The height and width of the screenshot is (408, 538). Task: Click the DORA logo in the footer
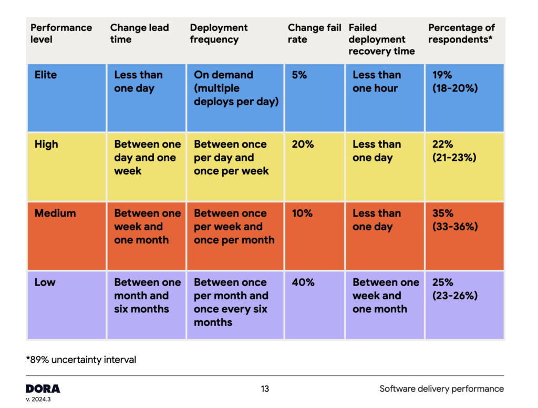pyautogui.click(x=43, y=389)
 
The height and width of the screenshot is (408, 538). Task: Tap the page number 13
pyautogui.click(x=265, y=389)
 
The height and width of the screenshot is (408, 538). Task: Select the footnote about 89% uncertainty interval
pyautogui.click(x=81, y=360)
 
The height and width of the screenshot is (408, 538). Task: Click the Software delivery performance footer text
pyautogui.click(x=441, y=389)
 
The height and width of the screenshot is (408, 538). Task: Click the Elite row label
pyautogui.click(x=46, y=75)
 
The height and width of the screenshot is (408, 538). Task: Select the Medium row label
pyautogui.click(x=55, y=213)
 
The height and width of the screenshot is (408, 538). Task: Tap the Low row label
pyautogui.click(x=45, y=282)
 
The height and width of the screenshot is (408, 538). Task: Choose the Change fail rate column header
pyautogui.click(x=314, y=34)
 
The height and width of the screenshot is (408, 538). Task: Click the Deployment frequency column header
pyautogui.click(x=219, y=34)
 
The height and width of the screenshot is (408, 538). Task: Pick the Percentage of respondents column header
pyautogui.click(x=461, y=34)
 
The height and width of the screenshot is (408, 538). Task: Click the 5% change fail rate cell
pyautogui.click(x=300, y=75)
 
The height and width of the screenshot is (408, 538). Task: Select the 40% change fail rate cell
pyautogui.click(x=303, y=282)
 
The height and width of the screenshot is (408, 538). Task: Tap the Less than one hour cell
pyautogui.click(x=377, y=82)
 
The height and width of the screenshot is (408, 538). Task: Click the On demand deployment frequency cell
pyautogui.click(x=235, y=88)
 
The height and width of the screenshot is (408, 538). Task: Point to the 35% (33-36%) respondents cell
pyautogui.click(x=455, y=220)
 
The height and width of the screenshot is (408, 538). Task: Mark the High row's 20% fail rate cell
pyautogui.click(x=303, y=144)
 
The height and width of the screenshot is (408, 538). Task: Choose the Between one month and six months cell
pyautogui.click(x=147, y=295)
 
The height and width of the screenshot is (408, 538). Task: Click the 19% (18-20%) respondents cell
pyautogui.click(x=455, y=82)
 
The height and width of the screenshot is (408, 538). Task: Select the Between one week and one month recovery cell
pyautogui.click(x=385, y=295)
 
